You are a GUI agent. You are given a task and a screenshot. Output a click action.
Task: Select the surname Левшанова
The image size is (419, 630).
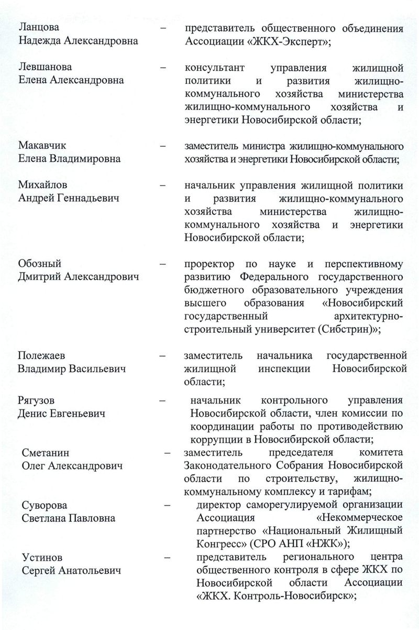click(45, 68)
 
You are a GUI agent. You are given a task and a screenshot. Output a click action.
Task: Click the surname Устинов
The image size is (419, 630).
click(42, 557)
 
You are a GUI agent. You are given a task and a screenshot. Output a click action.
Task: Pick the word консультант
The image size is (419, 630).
click(214, 68)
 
